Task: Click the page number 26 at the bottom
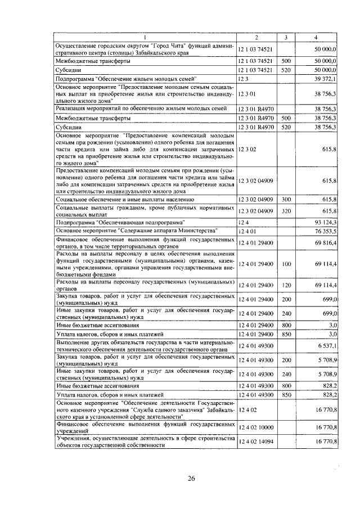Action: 191,478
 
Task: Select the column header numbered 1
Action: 145,37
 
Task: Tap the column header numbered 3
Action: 286,37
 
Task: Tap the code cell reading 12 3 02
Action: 247,150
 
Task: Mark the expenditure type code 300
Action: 286,199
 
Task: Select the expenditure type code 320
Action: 286,210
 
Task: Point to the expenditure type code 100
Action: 286,263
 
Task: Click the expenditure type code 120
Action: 286,285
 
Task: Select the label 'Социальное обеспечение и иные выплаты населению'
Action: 125,199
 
